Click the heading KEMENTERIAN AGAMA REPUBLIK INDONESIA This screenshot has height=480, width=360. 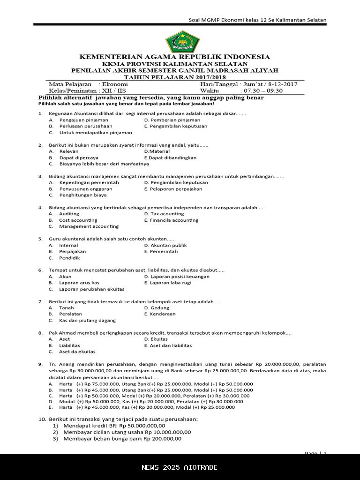(174, 57)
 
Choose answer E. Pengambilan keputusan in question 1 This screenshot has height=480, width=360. (176, 126)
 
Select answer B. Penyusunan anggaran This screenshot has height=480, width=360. (82, 189)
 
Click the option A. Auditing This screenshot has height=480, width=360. (69, 214)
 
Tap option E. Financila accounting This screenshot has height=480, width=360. (171, 220)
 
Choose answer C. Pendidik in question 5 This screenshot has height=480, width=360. (69, 258)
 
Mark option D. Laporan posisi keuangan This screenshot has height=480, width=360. (177, 277)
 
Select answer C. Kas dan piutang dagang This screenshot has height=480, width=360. (87, 321)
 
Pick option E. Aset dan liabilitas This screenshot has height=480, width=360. (168, 345)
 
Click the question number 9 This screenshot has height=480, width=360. (40, 364)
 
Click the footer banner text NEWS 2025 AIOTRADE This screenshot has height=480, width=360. (180, 467)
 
